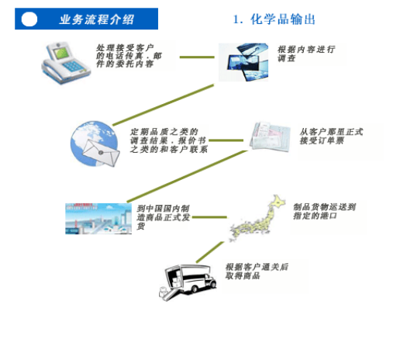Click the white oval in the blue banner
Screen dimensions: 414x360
(29, 19)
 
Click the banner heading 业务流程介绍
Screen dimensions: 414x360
(97, 20)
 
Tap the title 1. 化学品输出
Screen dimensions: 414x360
(274, 19)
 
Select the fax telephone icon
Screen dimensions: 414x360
(66, 63)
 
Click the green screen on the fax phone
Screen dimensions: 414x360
(61, 53)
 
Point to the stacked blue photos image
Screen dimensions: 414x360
(243, 62)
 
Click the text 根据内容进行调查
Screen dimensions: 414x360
(306, 54)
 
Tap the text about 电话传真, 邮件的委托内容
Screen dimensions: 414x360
(129, 56)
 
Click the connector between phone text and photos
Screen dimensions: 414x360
(197, 57)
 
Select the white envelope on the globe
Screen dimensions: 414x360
(101, 153)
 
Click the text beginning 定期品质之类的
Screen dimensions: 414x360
(169, 140)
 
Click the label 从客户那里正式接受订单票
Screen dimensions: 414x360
(331, 136)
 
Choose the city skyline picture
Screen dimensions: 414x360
(98, 219)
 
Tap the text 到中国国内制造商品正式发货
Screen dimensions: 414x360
(163, 217)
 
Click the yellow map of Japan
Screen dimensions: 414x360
(257, 218)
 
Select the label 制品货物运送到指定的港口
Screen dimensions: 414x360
(325, 211)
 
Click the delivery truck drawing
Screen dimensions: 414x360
(188, 282)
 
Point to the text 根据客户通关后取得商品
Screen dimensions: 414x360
(257, 272)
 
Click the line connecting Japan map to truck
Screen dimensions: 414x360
(210, 252)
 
